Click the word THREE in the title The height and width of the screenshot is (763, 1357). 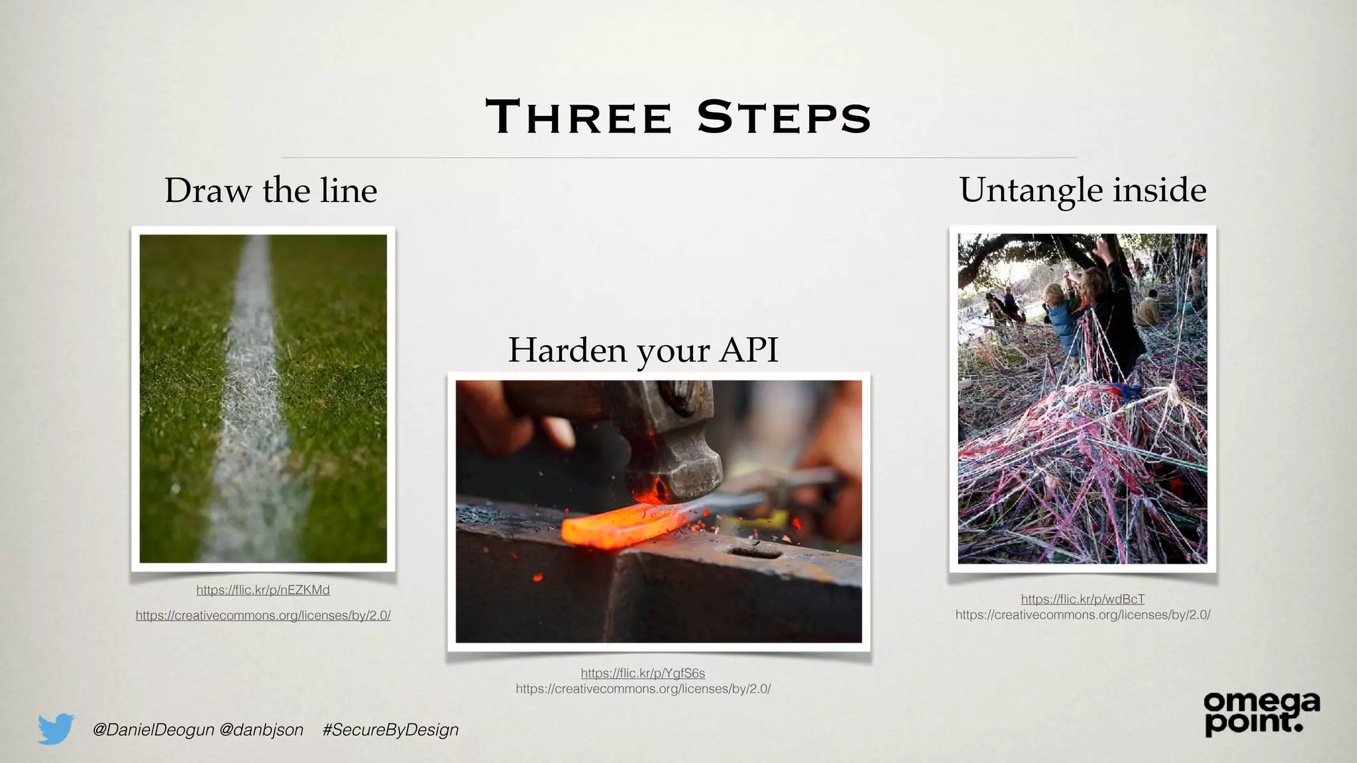pos(579,117)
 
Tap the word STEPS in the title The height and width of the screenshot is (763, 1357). pos(784,117)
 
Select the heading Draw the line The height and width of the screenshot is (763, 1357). pos(270,191)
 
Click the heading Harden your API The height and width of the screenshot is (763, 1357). pos(643,350)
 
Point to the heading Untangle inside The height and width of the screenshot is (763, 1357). pos(1083,190)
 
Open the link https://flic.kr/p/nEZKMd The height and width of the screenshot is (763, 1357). pos(263,590)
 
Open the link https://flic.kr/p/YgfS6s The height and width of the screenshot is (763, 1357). pos(643,674)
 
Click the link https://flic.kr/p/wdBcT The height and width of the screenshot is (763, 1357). pos(1083,599)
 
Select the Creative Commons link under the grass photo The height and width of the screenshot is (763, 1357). pos(263,616)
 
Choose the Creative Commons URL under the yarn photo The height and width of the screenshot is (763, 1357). pos(1083,615)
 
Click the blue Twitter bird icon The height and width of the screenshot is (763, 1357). pos(56,729)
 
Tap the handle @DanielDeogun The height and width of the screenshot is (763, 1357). pos(153,730)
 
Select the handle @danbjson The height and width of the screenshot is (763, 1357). pos(261,730)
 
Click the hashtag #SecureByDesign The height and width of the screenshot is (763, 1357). pos(390,730)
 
